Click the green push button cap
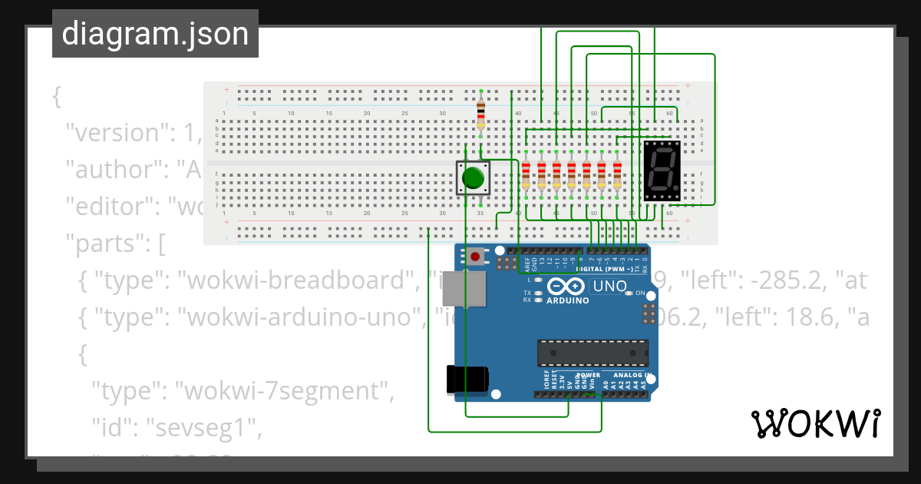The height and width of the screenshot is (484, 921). pyautogui.click(x=474, y=177)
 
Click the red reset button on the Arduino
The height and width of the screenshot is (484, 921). pyautogui.click(x=477, y=256)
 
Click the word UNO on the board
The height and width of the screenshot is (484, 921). pyautogui.click(x=609, y=287)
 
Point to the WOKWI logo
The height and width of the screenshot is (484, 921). pyautogui.click(x=815, y=423)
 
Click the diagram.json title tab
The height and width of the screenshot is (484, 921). pyautogui.click(x=155, y=34)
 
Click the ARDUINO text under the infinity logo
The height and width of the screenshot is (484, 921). pyautogui.click(x=567, y=300)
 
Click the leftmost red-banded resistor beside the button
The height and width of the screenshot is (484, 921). pyautogui.click(x=526, y=176)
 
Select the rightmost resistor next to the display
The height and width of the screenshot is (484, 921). pyautogui.click(x=616, y=176)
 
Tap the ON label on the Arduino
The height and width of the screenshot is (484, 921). pyautogui.click(x=640, y=293)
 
